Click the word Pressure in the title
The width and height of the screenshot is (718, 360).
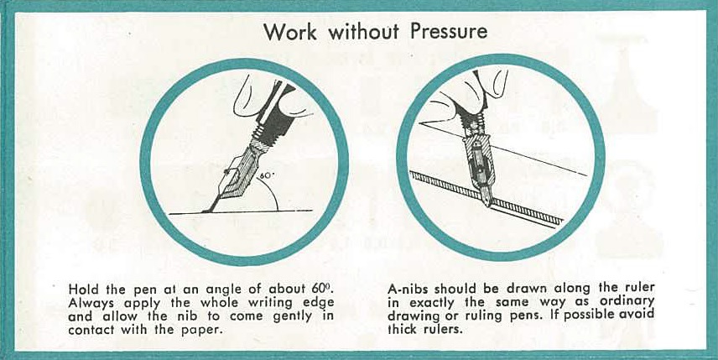tap(448, 32)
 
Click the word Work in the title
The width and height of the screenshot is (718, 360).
tap(289, 32)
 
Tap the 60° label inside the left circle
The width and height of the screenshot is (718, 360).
tap(267, 175)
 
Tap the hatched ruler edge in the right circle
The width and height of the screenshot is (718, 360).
tap(486, 198)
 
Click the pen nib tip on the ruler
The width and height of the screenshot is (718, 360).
tap(489, 202)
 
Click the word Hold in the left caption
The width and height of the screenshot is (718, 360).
tap(81, 289)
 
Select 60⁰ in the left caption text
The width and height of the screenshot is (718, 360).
tap(321, 289)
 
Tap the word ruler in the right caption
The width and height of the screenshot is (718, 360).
tap(640, 289)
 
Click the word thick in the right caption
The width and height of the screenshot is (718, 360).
tap(402, 329)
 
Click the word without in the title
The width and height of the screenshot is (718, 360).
tap(363, 32)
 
